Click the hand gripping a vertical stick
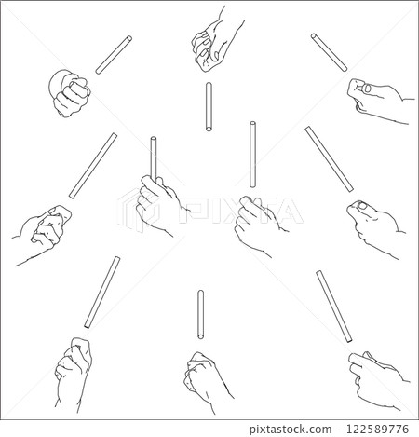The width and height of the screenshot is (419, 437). point(157,205)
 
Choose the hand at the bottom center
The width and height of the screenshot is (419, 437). point(205,377)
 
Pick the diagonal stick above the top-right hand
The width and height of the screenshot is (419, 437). point(330,52)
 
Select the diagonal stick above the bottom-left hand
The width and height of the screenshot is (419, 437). point(101,292)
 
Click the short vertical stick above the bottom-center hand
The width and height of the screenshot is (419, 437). point(200,315)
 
